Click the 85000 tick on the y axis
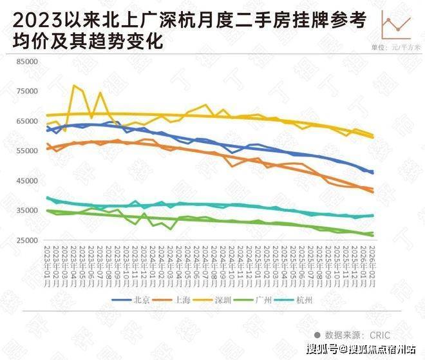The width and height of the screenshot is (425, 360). (x=28, y=62)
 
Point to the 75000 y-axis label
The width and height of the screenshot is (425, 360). (x=28, y=91)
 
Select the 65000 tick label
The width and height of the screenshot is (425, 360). (x=28, y=121)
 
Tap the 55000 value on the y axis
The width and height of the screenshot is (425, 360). (x=28, y=151)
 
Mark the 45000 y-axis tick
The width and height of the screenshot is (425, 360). (x=28, y=180)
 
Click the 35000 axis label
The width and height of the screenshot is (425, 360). (x=28, y=211)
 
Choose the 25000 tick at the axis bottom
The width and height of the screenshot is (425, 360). (x=28, y=240)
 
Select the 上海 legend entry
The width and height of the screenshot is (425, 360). (x=178, y=300)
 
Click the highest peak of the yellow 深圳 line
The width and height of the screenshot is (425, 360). (x=75, y=85)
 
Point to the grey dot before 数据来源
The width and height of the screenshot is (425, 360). (x=317, y=335)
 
